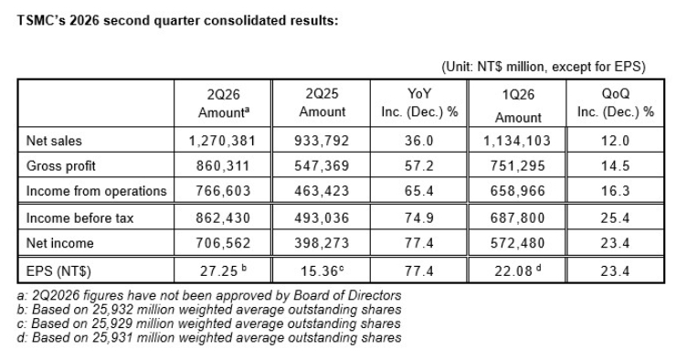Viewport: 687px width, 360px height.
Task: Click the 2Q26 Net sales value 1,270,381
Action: [222, 141]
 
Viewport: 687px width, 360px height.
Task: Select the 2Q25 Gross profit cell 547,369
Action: [322, 165]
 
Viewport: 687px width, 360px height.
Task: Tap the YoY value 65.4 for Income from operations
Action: [419, 191]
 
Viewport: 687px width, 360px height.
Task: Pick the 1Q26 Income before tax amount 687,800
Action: [517, 217]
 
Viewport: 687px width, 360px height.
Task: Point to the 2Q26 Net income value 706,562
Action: [223, 243]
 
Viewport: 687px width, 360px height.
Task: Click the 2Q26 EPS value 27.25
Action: [218, 270]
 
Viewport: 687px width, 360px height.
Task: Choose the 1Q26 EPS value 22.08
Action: [513, 270]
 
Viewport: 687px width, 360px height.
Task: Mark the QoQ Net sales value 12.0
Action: [615, 141]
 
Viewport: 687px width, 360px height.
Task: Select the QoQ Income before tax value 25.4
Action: [615, 217]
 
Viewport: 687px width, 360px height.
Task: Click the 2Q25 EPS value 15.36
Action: [319, 270]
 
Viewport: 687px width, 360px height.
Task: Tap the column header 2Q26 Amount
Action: [224, 103]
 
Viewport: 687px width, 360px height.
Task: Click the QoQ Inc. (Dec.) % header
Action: [615, 102]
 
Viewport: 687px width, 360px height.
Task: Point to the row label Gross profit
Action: [61, 166]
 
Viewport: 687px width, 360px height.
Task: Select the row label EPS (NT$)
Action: [58, 271]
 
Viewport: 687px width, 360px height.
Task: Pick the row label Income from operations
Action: [97, 191]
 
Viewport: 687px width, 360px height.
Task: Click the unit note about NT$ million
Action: [544, 67]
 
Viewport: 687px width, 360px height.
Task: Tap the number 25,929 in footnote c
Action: [112, 323]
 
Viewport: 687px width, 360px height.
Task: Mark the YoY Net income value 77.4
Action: [419, 243]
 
